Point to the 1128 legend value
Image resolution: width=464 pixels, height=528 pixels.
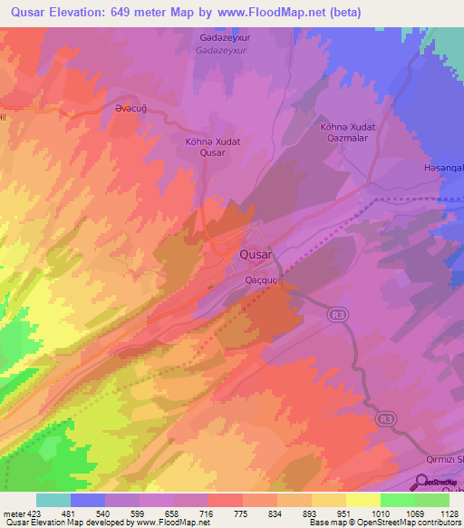pyautogui.click(x=449, y=513)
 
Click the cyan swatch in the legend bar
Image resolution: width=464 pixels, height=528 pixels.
pyautogui.click(x=53, y=500)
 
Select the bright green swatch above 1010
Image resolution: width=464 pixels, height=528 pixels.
pyautogui.click(x=397, y=500)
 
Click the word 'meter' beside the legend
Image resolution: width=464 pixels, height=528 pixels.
pyautogui.click(x=13, y=513)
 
